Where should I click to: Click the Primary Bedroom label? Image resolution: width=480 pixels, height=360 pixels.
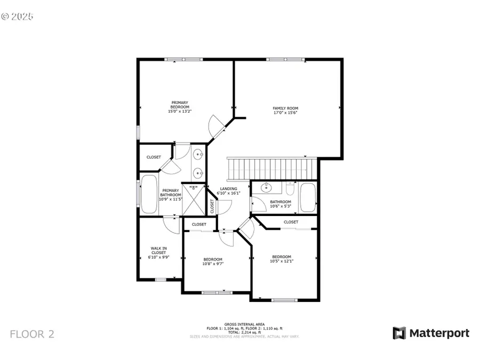pos(179,105)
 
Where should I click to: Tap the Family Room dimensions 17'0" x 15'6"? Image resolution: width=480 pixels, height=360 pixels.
pos(285,113)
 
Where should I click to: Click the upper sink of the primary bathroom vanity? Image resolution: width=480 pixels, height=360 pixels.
pos(198,155)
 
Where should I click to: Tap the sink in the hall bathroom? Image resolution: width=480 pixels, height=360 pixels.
pos(266,188)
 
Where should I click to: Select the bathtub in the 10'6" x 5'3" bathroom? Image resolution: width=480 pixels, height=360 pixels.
pos(308,197)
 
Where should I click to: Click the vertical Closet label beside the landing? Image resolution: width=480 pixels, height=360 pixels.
pos(212,206)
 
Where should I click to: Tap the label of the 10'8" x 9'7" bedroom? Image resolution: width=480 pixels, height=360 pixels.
pos(212,261)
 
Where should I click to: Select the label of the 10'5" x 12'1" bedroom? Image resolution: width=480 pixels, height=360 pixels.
pos(281,259)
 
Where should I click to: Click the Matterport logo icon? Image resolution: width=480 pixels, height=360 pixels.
pos(399,333)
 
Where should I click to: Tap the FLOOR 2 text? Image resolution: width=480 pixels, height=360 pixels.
pos(32,334)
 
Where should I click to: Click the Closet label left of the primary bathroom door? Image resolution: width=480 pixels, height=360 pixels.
pos(154,157)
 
